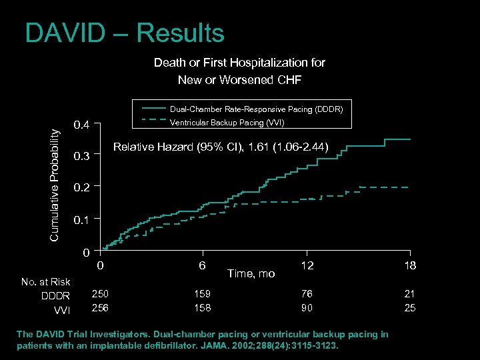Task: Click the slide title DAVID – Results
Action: pyautogui.click(x=125, y=33)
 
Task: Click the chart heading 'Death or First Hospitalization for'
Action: pyautogui.click(x=239, y=63)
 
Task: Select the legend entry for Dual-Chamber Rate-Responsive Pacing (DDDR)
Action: pyautogui.click(x=256, y=109)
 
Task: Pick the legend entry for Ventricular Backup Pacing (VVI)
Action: pyautogui.click(x=227, y=123)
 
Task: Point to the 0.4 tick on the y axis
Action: pyautogui.click(x=81, y=125)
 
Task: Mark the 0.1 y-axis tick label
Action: pyautogui.click(x=81, y=219)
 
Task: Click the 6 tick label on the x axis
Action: pyautogui.click(x=202, y=265)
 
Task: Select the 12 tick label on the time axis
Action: pyautogui.click(x=306, y=265)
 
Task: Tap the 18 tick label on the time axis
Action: pyautogui.click(x=409, y=265)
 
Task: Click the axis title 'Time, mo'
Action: pyautogui.click(x=251, y=273)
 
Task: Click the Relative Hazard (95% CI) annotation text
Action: pyautogui.click(x=221, y=147)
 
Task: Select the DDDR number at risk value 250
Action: pyautogui.click(x=100, y=294)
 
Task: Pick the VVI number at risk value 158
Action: pyautogui.click(x=202, y=307)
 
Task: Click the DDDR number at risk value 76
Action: pyautogui.click(x=306, y=294)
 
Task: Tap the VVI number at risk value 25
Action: pyautogui.click(x=409, y=307)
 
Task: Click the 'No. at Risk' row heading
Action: pyautogui.click(x=45, y=281)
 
